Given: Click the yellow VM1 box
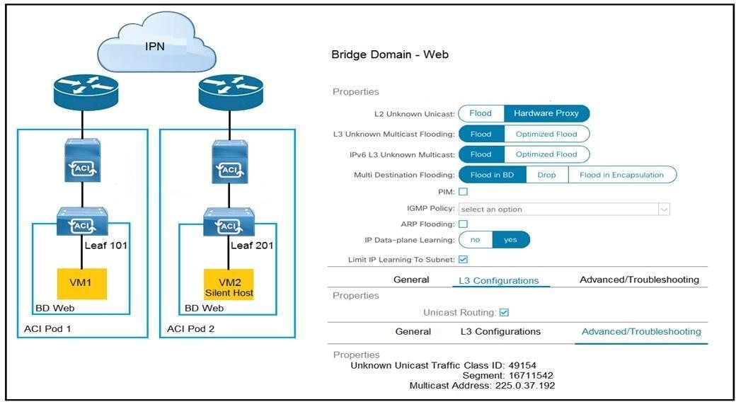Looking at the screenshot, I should pos(83,283).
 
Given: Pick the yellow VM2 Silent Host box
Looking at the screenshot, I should pos(228,283).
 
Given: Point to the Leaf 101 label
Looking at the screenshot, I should pos(105,246).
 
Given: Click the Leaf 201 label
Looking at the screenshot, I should pos(252,246).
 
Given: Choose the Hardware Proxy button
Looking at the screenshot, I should pos(546,113).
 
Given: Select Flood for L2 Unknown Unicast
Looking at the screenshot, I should pos(481,113).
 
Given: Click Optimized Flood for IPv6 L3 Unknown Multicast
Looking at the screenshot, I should pos(546,154).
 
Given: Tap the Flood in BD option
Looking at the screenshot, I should pos(493,175).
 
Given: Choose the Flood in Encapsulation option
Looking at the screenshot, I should pos(621,175).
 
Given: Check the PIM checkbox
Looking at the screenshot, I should pos(464,192).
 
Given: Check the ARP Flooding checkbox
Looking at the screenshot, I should pos(464,224).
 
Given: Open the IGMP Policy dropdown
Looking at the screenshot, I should pos(563,209).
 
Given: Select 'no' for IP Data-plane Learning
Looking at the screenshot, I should pos(476,240).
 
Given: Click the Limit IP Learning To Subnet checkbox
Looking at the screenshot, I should pos(464,260).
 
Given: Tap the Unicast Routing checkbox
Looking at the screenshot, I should pos(504,312).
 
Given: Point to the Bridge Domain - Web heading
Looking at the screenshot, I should pos(390,54).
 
